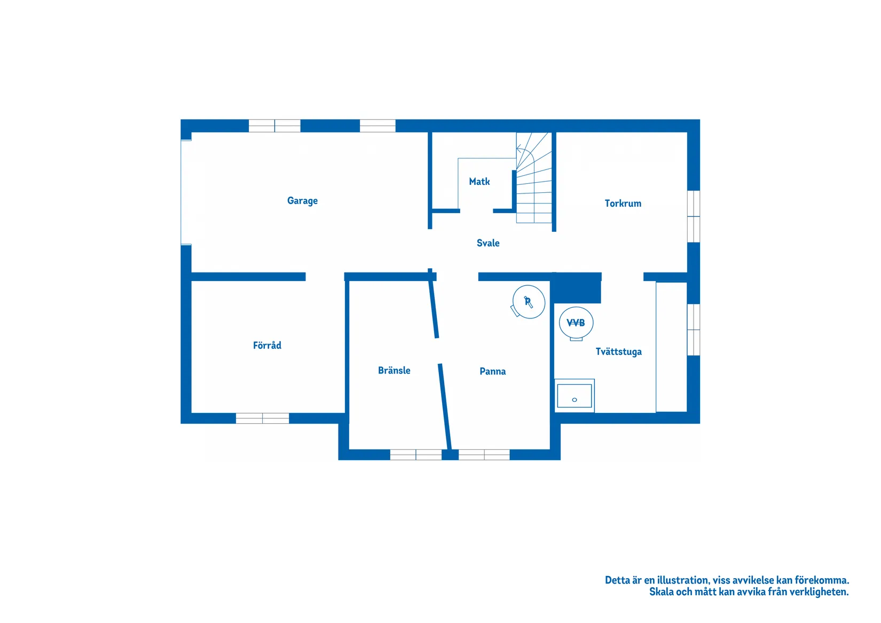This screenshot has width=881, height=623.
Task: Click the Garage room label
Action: tap(302, 201)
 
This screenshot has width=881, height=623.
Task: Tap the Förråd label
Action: tap(267, 345)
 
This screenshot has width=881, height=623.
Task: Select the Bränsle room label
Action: tap(394, 370)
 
